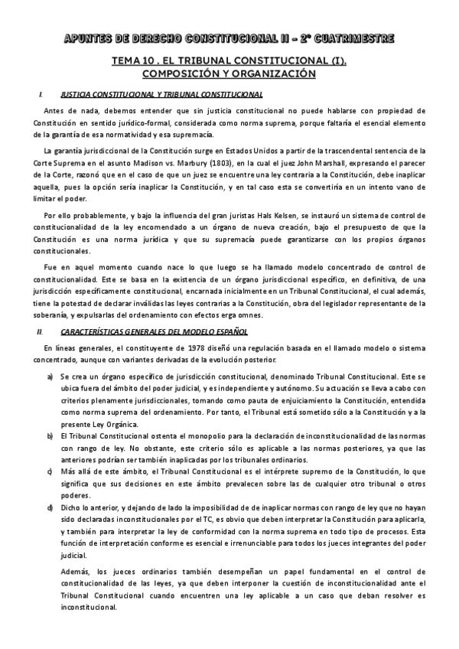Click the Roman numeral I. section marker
[x=39, y=94]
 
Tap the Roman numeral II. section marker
[x=41, y=332]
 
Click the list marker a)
[x=50, y=377]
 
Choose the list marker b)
[x=50, y=435]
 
